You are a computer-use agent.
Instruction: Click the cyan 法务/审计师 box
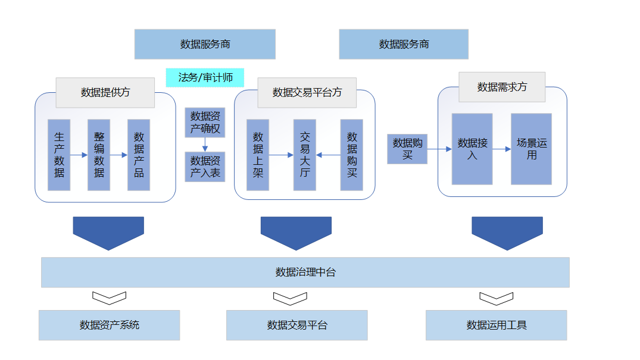click(x=205, y=77)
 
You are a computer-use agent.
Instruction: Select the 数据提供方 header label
click(x=105, y=92)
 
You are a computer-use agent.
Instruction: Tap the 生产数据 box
click(x=59, y=155)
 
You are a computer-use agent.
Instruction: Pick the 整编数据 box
click(x=99, y=155)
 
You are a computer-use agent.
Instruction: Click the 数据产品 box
click(x=139, y=155)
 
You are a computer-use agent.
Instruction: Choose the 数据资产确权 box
click(x=205, y=122)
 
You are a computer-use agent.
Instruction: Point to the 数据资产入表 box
click(x=205, y=167)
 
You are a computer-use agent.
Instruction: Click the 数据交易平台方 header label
click(x=307, y=92)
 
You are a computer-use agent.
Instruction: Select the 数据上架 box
click(x=258, y=155)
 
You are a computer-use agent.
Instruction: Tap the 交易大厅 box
click(x=305, y=155)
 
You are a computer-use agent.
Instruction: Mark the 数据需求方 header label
click(x=502, y=87)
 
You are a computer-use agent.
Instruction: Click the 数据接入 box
click(x=472, y=149)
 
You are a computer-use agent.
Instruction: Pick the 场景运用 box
click(x=531, y=149)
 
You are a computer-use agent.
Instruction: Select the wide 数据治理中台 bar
click(x=305, y=273)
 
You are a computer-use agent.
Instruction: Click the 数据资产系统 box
click(x=110, y=325)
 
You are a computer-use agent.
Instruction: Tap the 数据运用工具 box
click(x=497, y=325)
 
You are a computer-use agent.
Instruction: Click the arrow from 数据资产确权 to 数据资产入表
click(x=205, y=144)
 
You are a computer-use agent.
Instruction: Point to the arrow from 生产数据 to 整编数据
click(x=79, y=155)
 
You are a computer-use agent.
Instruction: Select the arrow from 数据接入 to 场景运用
click(x=502, y=149)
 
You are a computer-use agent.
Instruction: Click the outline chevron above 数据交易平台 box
click(x=290, y=298)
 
